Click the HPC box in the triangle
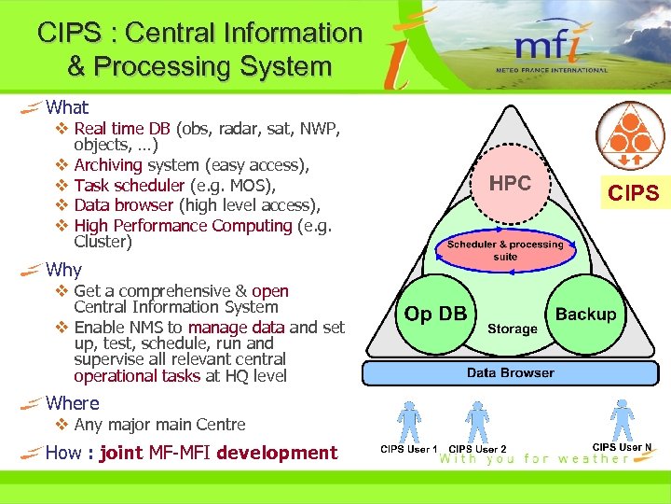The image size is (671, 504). click(x=510, y=183)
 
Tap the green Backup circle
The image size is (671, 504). click(x=585, y=315)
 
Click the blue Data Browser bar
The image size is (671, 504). click(x=510, y=372)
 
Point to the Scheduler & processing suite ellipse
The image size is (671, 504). click(x=505, y=250)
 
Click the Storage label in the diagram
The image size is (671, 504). click(x=512, y=329)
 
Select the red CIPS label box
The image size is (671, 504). click(x=633, y=193)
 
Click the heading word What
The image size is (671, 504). click(x=67, y=107)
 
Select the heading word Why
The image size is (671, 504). click(x=63, y=270)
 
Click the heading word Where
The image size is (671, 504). click(x=72, y=403)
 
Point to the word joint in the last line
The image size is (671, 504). click(x=120, y=453)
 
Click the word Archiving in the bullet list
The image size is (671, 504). click(x=107, y=165)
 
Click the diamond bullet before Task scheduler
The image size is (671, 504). click(x=61, y=185)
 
